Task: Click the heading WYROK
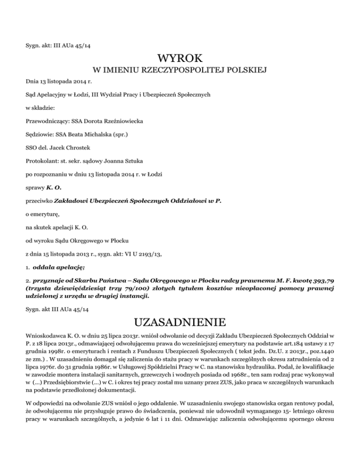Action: [180, 59]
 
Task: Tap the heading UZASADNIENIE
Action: [180, 323]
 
